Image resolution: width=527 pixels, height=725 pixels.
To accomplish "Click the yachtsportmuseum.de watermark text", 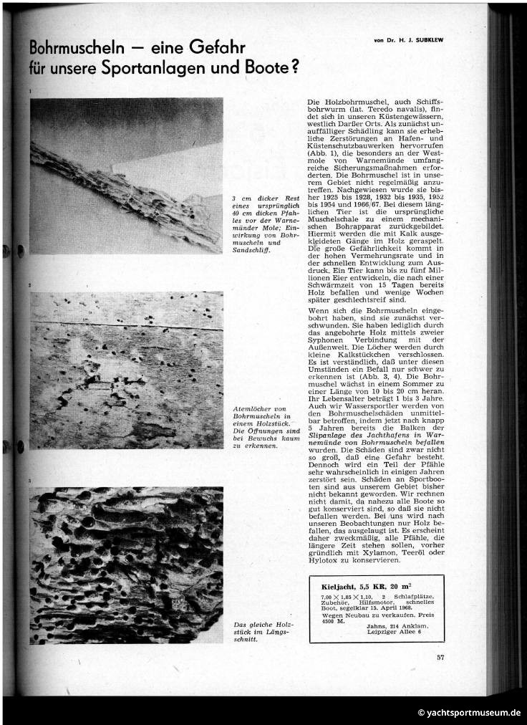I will pyautogui.click(x=473, y=713).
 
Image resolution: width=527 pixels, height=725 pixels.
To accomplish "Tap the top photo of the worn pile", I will pyautogui.click(x=126, y=176).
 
